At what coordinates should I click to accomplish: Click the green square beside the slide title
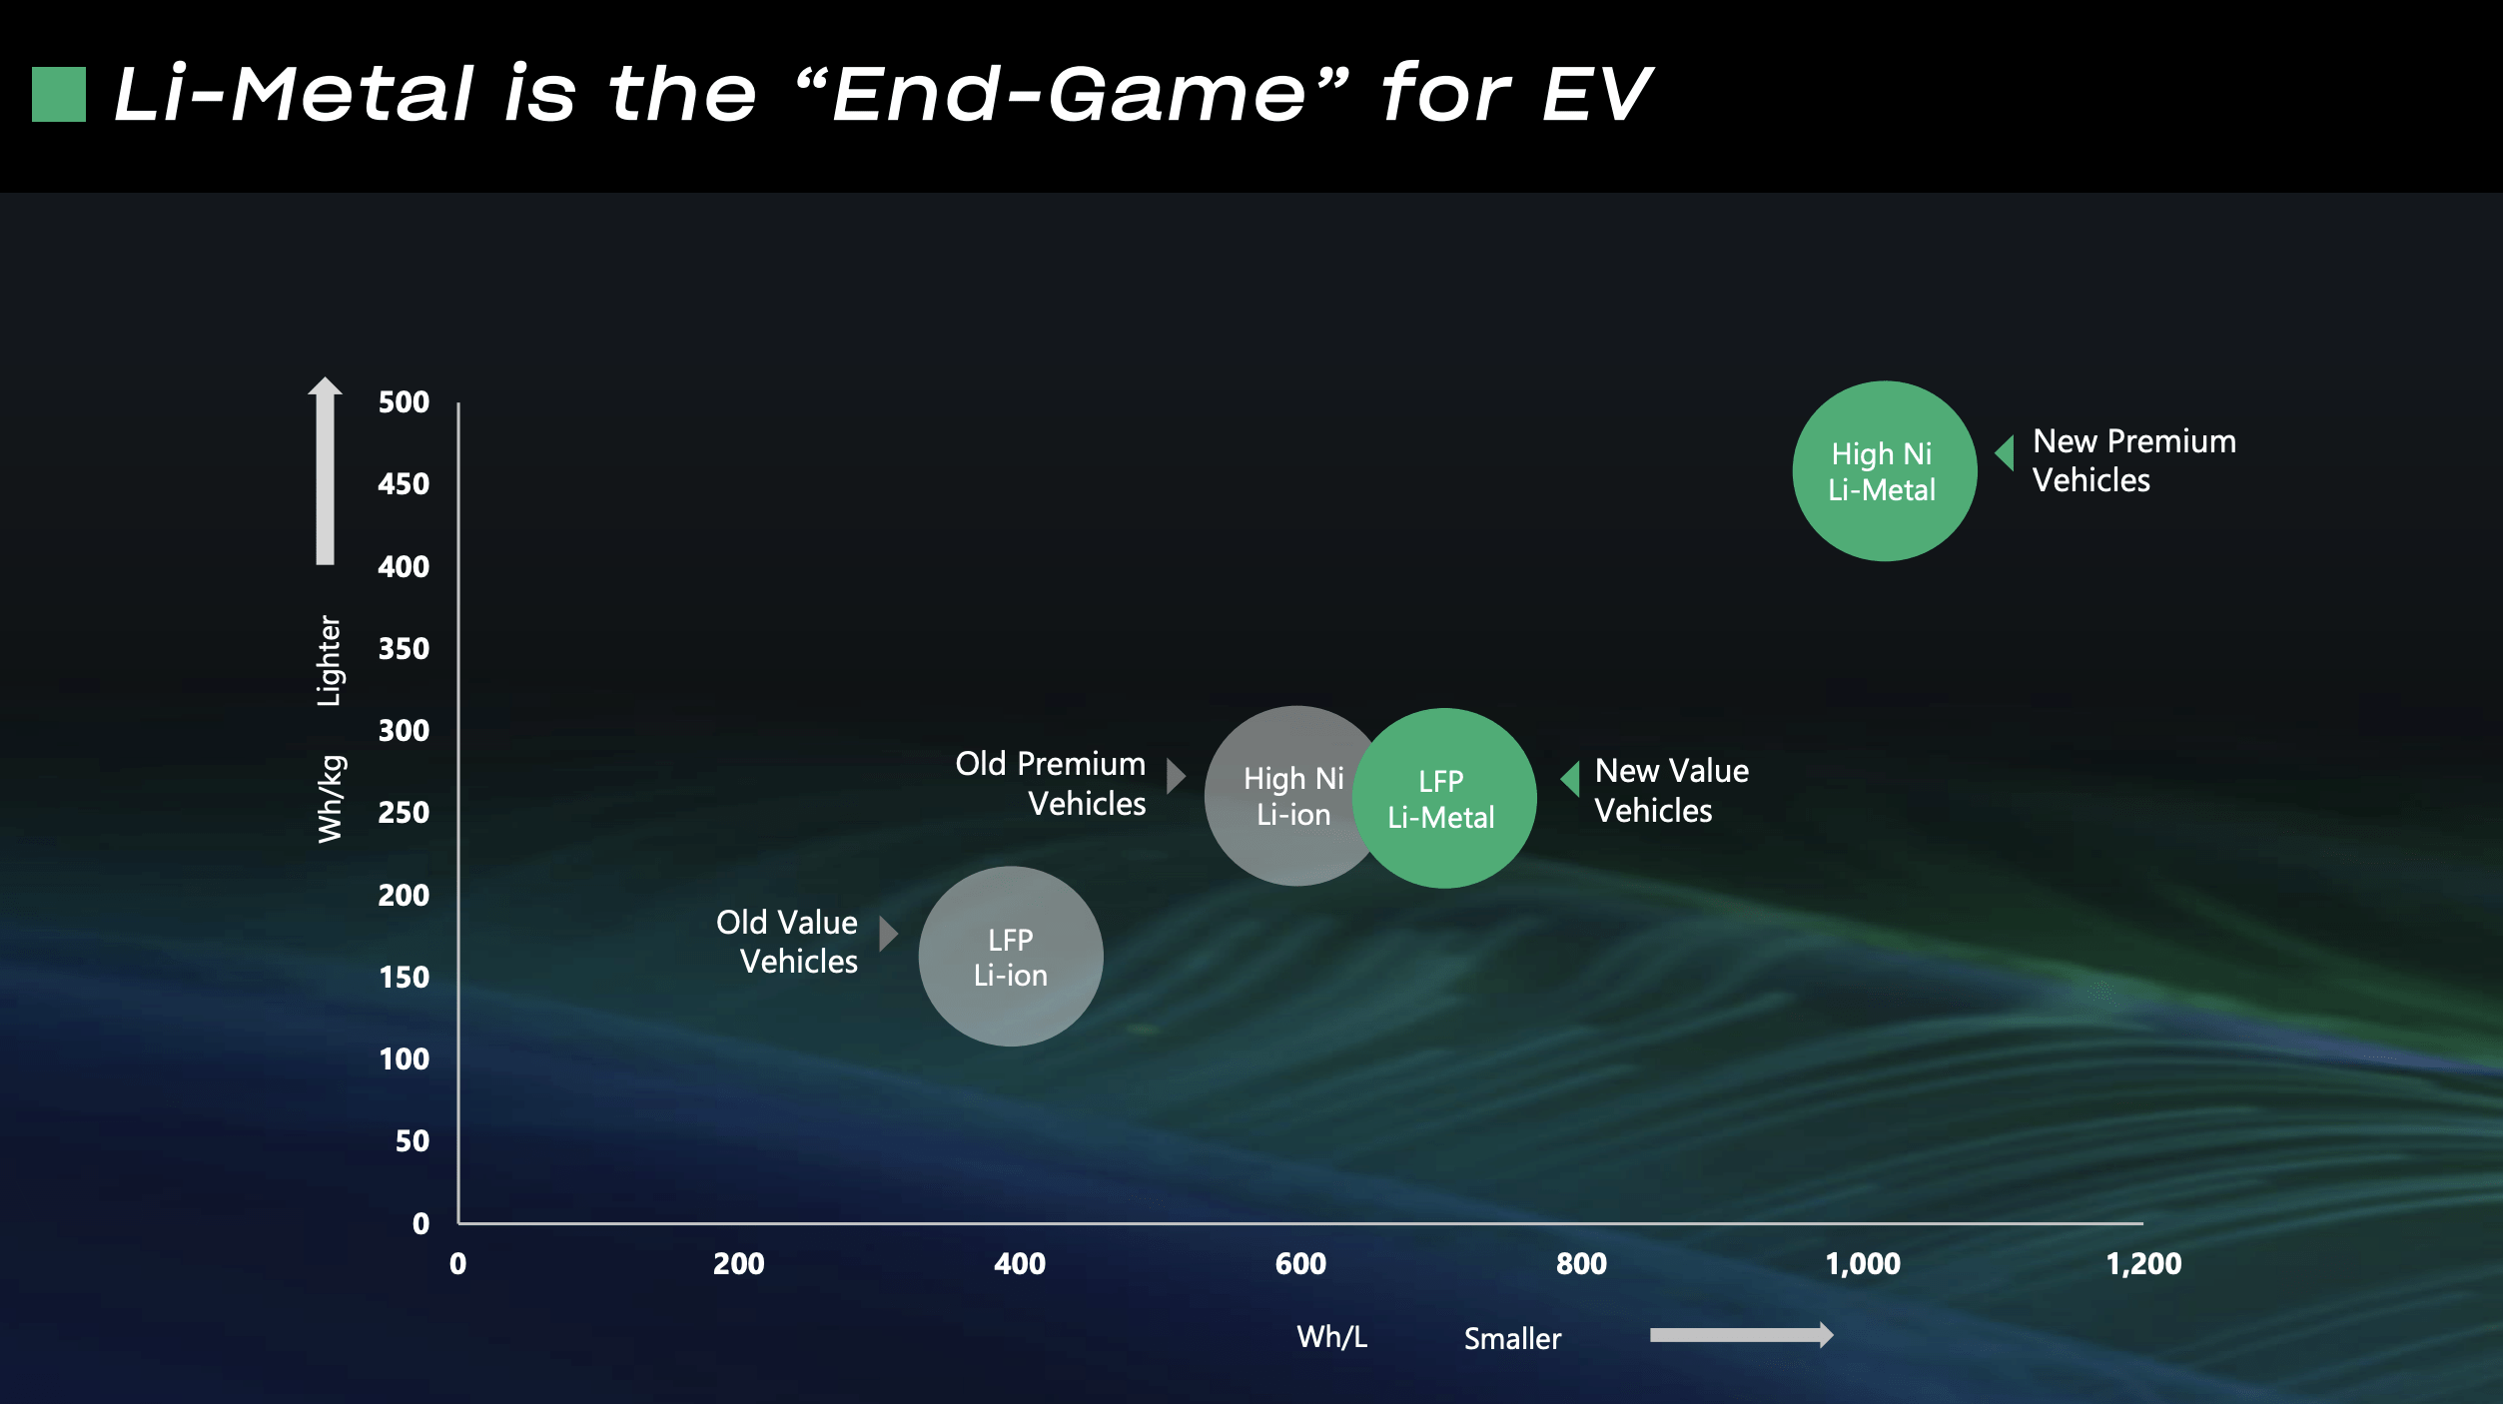(59, 94)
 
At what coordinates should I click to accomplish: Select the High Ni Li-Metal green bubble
(1884, 471)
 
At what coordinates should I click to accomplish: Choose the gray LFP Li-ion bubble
(1010, 957)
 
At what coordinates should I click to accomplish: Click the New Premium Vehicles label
(2133, 460)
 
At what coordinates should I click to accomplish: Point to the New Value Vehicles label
(1671, 791)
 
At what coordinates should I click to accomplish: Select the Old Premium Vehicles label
(1051, 784)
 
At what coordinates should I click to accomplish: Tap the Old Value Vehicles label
(787, 942)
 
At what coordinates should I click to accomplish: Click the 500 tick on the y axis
(404, 402)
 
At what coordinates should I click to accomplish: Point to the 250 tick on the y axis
(404, 813)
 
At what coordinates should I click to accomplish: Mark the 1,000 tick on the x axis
(1862, 1264)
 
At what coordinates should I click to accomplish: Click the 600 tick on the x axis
(1300, 1264)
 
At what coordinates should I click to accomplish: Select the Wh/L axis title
(1331, 1337)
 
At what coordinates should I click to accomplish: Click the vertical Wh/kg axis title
(331, 799)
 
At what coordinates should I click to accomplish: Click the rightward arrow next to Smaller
(1741, 1335)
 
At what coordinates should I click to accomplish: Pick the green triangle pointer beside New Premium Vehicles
(2005, 453)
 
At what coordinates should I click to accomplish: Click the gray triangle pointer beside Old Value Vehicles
(888, 935)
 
